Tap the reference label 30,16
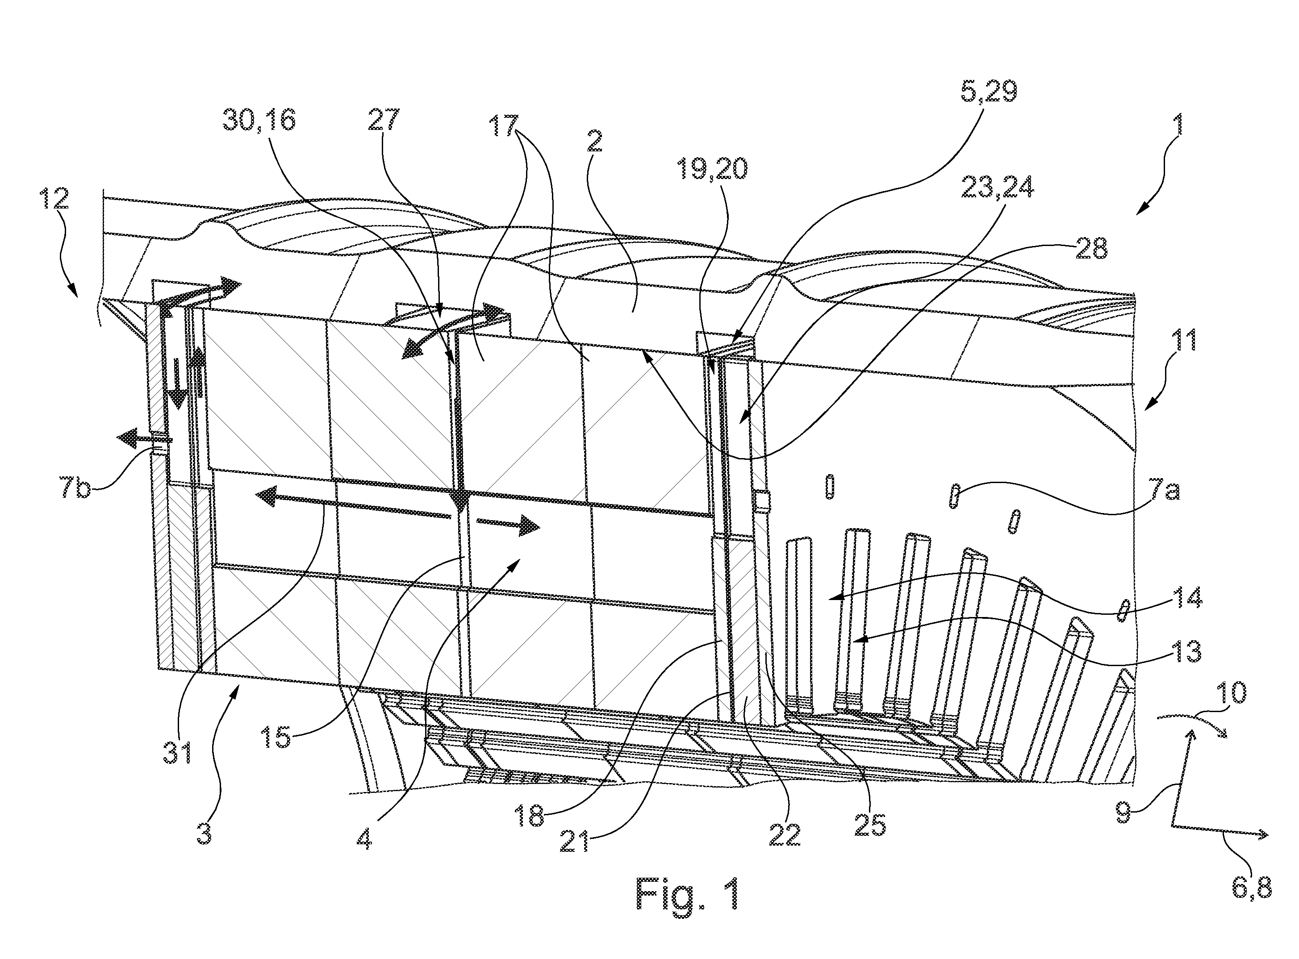click(259, 120)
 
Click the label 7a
click(1163, 493)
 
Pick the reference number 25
click(870, 824)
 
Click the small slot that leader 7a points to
click(953, 497)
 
